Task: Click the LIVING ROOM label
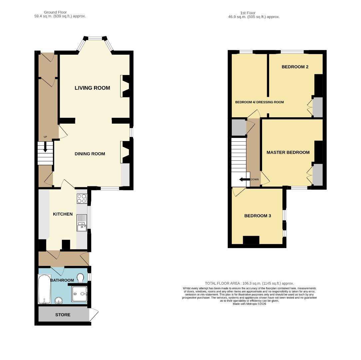[x=92, y=88]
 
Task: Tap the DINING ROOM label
[x=90, y=154]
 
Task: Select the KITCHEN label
[x=63, y=214]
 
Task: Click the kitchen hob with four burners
[x=82, y=199]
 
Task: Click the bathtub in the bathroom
[x=44, y=289]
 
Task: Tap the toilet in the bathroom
[x=80, y=277]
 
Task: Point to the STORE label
[x=63, y=315]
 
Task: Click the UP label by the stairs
[x=45, y=137]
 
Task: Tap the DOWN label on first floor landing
[x=254, y=179]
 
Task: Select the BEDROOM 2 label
[x=295, y=67]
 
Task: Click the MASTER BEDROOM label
[x=288, y=152]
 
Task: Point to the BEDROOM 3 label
[x=257, y=216]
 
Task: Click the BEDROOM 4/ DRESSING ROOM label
[x=259, y=102]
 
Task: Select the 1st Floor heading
[x=247, y=13]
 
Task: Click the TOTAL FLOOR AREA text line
[x=249, y=283]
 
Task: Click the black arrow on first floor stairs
[x=244, y=180]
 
